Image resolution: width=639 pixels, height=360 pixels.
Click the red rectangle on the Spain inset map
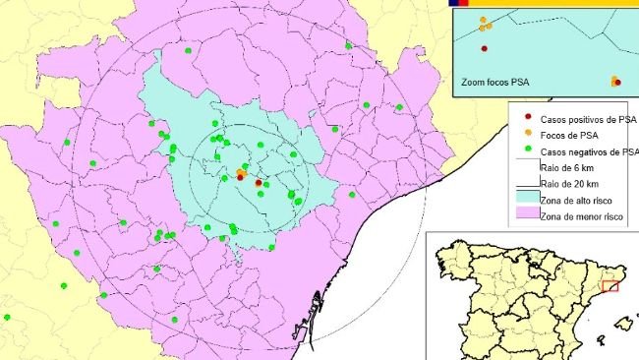(x=610, y=287)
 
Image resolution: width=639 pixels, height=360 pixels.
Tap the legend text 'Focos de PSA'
(x=561, y=136)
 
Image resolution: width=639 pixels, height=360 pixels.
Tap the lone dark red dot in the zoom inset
(x=484, y=48)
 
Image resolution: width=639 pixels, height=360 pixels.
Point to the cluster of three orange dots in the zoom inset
(x=485, y=24)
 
